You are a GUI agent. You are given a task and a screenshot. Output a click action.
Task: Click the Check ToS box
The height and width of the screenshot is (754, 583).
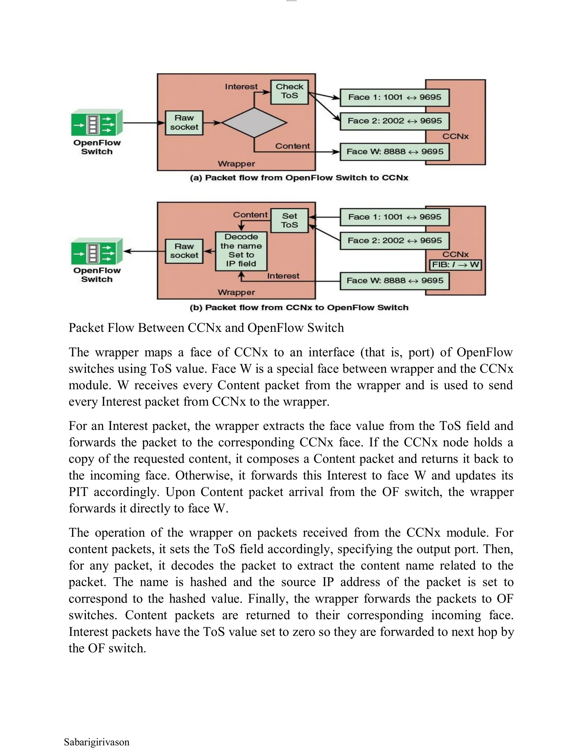pos(289,92)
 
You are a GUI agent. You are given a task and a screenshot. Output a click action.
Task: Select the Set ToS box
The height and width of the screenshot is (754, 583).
pos(289,220)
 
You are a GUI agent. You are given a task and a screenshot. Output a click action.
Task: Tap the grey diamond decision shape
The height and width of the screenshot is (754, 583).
pos(254,123)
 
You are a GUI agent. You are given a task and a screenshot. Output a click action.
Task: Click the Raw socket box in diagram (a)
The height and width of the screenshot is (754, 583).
pos(184,123)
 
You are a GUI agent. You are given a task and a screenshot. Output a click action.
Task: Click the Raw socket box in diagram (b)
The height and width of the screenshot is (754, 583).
pos(184,251)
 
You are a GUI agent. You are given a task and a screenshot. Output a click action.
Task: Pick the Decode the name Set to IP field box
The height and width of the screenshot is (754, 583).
pos(241,251)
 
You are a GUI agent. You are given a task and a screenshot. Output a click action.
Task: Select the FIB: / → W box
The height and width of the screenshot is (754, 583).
pos(455,265)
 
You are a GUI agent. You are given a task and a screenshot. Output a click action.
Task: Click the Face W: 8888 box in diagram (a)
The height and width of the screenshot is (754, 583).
pos(395,152)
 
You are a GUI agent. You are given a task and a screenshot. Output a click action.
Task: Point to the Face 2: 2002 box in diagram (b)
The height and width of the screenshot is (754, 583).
pos(395,241)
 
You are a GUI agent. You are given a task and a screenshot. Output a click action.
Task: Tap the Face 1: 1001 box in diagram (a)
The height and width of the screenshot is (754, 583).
pos(395,97)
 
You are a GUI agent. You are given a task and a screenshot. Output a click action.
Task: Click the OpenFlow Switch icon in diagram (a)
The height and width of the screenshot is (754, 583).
pos(97,123)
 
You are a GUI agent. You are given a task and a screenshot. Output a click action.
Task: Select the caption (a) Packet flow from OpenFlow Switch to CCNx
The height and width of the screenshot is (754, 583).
pos(299,178)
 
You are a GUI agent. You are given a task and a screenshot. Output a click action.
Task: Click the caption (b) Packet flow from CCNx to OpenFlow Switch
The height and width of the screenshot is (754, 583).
pos(299,308)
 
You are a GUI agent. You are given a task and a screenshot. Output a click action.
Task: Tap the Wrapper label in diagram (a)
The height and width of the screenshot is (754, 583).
pos(236,164)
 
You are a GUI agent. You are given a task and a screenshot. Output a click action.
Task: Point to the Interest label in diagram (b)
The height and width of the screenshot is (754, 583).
pos(283,276)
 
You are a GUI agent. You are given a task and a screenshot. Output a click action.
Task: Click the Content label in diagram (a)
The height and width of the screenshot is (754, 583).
pos(292,146)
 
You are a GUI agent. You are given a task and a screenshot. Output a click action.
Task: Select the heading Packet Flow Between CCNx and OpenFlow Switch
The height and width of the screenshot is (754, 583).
pos(206,327)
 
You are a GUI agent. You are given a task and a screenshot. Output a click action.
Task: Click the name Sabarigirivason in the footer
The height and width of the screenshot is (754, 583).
pos(97,742)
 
